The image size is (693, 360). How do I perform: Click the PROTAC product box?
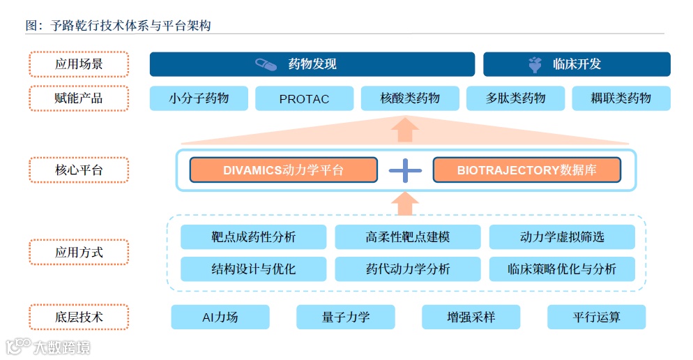point(304,98)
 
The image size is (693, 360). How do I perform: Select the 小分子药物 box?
point(199,98)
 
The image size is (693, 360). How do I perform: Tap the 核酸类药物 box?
point(410,98)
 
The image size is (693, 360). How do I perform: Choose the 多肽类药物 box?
point(515,98)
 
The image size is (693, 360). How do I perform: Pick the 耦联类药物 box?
point(620,98)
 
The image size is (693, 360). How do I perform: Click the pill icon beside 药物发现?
point(266,64)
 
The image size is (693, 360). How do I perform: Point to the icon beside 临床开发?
point(535,65)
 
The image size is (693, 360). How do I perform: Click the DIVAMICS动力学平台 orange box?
point(283,170)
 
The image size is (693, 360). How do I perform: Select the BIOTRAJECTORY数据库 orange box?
point(526,170)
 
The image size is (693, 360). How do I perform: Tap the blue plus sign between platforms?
point(405,170)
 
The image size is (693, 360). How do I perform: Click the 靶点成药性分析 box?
point(253,237)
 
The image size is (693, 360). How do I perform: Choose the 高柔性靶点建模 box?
point(407,237)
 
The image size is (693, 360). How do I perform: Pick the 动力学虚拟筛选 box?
point(562,237)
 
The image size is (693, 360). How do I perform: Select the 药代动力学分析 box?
point(407,269)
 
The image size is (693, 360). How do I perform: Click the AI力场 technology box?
point(220,317)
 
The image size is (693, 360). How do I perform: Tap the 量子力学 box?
point(345,317)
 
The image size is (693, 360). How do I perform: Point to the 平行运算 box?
point(596,317)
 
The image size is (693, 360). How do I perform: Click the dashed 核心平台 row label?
point(79,170)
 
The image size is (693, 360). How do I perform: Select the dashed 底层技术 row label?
point(79,317)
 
